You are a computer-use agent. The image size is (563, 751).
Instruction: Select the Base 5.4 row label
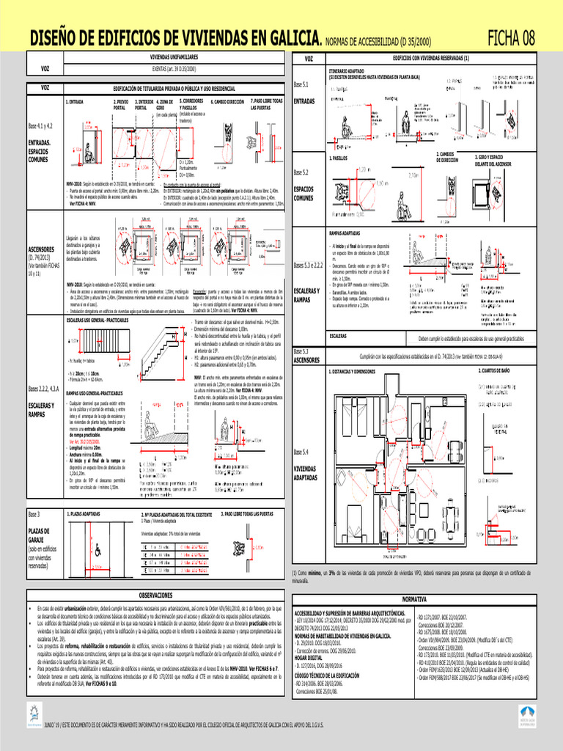click(301, 451)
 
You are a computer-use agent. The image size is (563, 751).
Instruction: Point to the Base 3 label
click(34, 514)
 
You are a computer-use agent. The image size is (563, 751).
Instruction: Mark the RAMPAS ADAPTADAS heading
click(350, 232)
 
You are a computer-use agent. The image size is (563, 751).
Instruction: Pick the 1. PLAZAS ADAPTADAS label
click(84, 514)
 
